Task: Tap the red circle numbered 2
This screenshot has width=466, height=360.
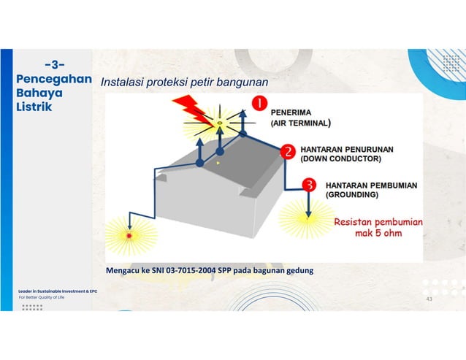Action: point(289,152)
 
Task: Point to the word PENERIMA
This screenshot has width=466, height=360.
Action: point(291,113)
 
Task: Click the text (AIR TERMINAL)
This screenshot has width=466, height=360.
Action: point(301,124)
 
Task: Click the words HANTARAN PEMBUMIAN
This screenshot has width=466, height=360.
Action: point(371,185)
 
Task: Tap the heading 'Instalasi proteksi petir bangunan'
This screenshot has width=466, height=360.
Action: point(184,83)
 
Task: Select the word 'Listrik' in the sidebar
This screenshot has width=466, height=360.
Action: point(34,107)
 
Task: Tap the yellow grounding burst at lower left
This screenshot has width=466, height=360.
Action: point(130,235)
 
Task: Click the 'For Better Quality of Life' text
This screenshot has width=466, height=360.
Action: point(42,297)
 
